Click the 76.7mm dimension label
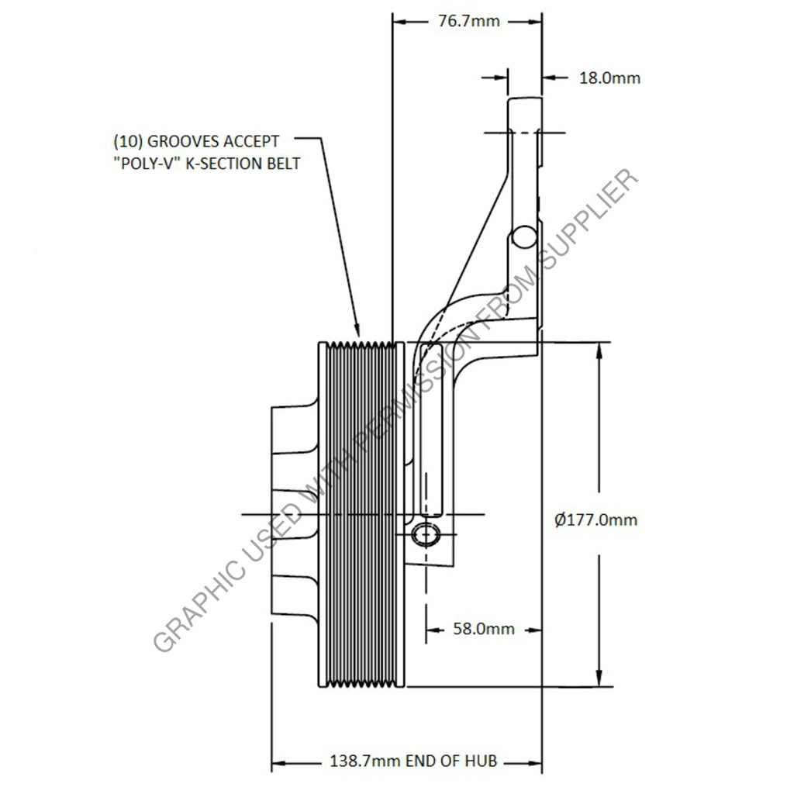[x=465, y=21]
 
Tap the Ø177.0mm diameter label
[x=596, y=520]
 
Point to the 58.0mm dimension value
[x=483, y=629]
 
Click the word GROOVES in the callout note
[x=182, y=141]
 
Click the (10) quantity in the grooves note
[x=127, y=141]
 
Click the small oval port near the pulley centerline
[x=426, y=533]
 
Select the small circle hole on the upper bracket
[x=524, y=236]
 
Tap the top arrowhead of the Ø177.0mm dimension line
[x=599, y=349]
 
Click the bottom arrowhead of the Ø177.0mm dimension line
[x=599, y=679]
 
